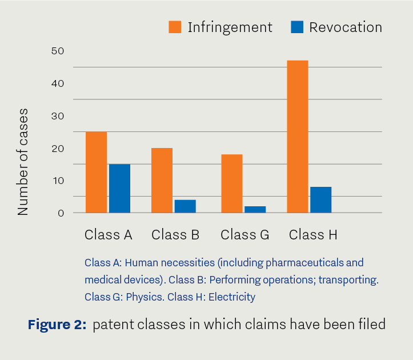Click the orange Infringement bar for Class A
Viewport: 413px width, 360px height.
coord(97,172)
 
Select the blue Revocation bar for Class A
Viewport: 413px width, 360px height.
coord(119,189)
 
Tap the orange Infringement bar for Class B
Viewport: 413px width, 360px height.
coord(162,180)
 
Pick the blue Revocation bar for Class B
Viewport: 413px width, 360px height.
coord(185,206)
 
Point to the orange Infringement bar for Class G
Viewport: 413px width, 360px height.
coord(232,183)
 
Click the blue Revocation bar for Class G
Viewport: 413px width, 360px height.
coord(255,210)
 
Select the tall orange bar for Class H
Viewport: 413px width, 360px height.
coord(298,137)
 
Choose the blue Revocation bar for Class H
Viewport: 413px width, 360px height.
coord(321,200)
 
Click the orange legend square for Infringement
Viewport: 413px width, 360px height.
coord(175,27)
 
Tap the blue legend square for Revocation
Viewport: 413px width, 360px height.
coord(297,27)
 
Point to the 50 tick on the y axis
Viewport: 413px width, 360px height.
coord(58,51)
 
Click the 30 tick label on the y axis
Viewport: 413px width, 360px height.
coord(58,116)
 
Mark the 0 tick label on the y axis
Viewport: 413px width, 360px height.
coord(61,213)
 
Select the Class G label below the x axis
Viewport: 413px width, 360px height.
coord(245,234)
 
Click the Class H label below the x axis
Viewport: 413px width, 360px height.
coord(313,234)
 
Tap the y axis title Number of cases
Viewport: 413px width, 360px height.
coord(23,162)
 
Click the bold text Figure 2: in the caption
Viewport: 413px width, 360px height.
coord(57,324)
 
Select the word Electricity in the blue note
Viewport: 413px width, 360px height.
coord(232,297)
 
